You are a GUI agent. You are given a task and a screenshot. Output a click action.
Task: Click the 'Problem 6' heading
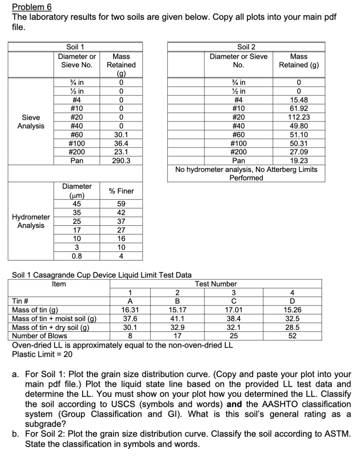[32, 7]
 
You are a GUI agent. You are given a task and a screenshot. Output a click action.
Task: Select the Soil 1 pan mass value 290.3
[121, 161]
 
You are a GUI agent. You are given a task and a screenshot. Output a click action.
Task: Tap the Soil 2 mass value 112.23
[299, 117]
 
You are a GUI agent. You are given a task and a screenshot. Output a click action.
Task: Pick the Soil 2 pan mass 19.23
[299, 161]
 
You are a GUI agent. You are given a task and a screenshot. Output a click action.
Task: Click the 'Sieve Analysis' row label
[31, 122]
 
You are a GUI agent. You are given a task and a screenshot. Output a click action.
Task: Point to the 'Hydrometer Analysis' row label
[31, 221]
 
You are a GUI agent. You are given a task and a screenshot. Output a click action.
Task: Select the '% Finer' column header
[121, 191]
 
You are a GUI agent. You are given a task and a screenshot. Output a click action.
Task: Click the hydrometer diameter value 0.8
[77, 256]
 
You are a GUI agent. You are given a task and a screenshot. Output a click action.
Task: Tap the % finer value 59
[121, 204]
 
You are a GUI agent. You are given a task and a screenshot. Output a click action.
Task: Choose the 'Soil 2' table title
[246, 47]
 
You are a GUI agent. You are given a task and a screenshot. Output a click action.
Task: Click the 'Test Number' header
[216, 284]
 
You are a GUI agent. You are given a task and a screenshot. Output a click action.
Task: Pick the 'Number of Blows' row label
[39, 336]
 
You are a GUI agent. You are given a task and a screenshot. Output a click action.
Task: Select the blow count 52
[292, 336]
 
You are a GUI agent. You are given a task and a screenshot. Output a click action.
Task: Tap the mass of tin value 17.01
[234, 310]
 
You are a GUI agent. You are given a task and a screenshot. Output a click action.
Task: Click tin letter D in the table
[292, 301]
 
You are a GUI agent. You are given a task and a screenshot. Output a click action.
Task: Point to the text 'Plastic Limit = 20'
[42, 354]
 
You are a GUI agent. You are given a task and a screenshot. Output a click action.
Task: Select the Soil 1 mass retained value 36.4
[121, 144]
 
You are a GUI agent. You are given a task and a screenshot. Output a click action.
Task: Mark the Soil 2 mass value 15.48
[299, 100]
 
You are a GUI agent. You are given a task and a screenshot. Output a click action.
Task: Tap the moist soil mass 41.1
[177, 318]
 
